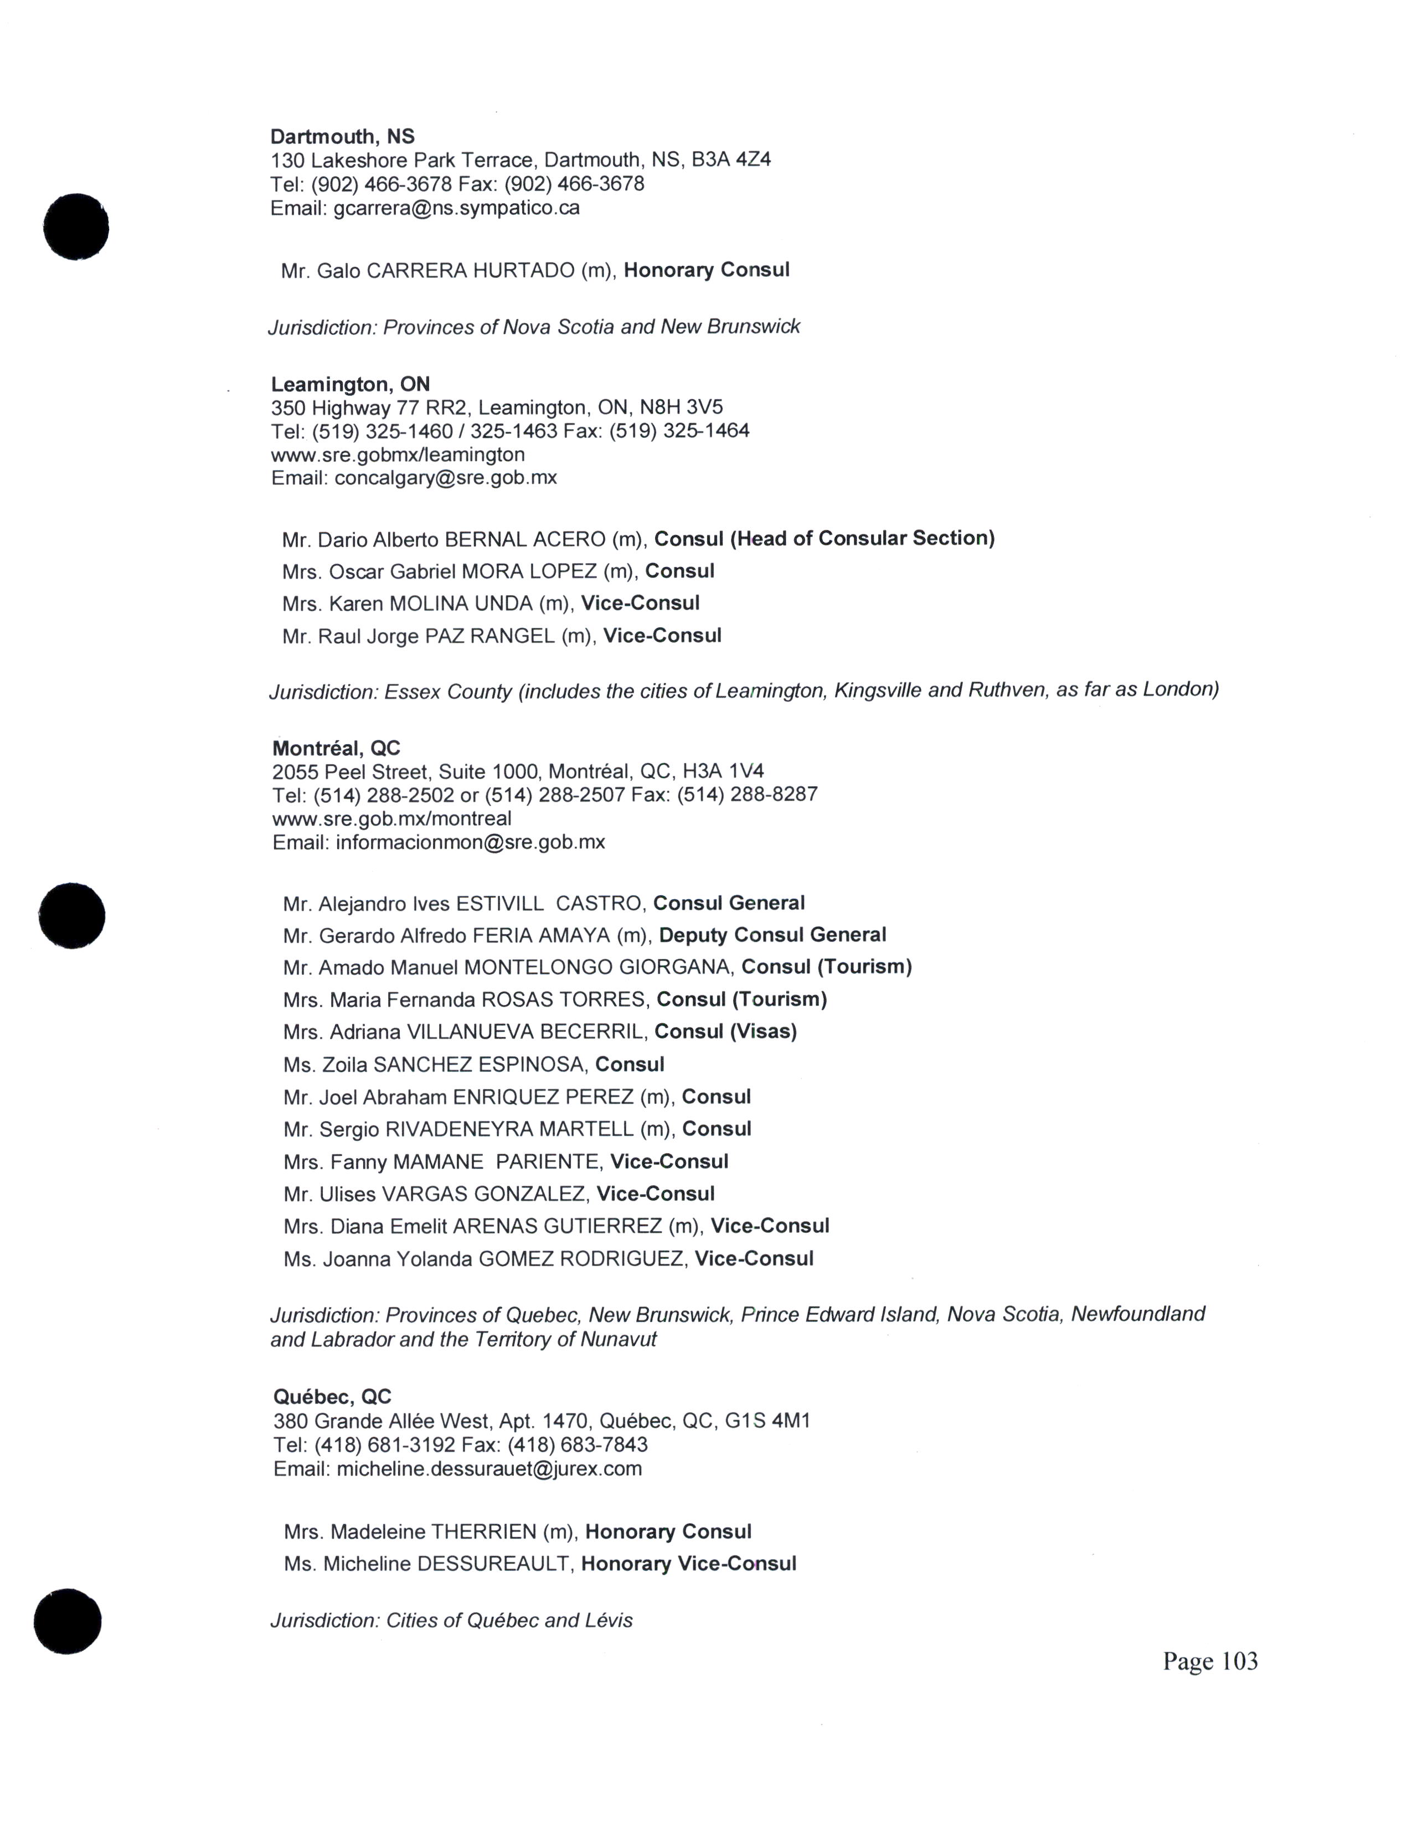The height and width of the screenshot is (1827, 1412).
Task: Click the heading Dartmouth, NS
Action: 342,136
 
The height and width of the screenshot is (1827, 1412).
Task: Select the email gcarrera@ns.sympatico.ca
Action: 456,208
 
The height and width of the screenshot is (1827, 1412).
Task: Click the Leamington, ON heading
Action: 349,385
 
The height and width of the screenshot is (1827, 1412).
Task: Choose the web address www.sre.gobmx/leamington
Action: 398,455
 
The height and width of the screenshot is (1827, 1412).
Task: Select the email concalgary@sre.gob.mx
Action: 445,478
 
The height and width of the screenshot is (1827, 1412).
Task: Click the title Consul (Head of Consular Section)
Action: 824,539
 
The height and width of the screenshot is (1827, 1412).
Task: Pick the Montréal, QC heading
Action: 336,748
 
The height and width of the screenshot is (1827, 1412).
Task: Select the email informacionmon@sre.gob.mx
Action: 470,843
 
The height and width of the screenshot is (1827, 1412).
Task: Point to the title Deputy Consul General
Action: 772,935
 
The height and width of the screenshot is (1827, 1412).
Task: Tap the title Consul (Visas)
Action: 725,1033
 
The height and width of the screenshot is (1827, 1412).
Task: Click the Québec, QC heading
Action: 332,1397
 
